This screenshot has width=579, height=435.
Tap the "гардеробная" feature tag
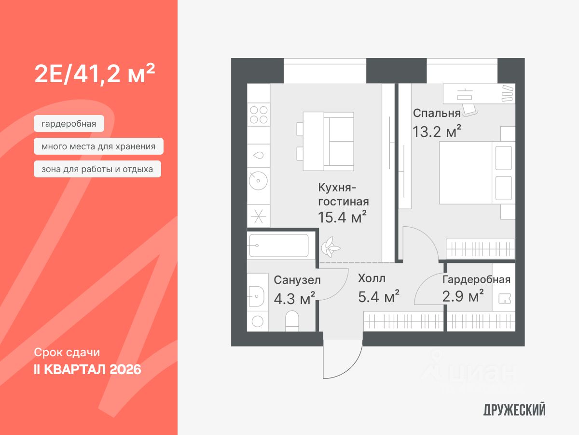pos(69,124)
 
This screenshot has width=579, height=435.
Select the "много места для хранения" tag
pos(98,146)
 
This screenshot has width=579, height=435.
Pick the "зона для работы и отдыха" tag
pos(97,169)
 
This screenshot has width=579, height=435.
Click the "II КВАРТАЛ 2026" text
pos(87,370)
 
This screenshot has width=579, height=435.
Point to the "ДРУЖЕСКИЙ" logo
pos(514,410)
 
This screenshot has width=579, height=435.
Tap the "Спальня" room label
pos(437,113)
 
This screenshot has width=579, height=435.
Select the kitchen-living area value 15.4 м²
pos(342,217)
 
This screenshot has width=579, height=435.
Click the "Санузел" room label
pos(297,280)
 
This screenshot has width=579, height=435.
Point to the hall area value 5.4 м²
pos(378,296)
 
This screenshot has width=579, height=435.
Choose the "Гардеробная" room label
pos(476,280)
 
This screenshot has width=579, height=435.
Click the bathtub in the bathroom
pos(279,245)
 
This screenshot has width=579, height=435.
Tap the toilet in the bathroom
pos(292,320)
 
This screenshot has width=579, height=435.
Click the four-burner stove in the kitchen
pos(258,115)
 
